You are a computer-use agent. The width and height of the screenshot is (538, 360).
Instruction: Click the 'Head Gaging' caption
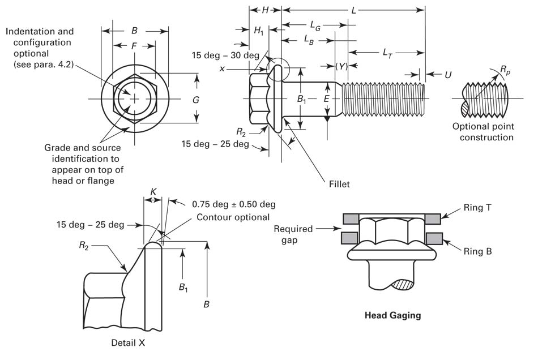pyautogui.click(x=392, y=315)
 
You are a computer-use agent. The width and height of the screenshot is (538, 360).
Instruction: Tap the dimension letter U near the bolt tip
pyautogui.click(x=447, y=74)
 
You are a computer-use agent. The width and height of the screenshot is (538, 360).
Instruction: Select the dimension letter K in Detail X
pyautogui.click(x=153, y=193)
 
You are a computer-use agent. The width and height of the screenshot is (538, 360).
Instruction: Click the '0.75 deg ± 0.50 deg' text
pyautogui.click(x=233, y=204)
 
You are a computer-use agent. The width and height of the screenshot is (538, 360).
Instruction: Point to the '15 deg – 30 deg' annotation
pyautogui.click(x=225, y=55)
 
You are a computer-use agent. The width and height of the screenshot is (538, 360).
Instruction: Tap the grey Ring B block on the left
pyautogui.click(x=350, y=237)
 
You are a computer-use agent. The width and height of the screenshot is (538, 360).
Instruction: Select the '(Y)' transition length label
pyautogui.click(x=341, y=66)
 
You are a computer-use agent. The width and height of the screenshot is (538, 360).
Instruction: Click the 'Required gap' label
pyautogui.click(x=293, y=234)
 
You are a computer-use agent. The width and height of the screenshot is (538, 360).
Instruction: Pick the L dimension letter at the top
pyautogui.click(x=354, y=10)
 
